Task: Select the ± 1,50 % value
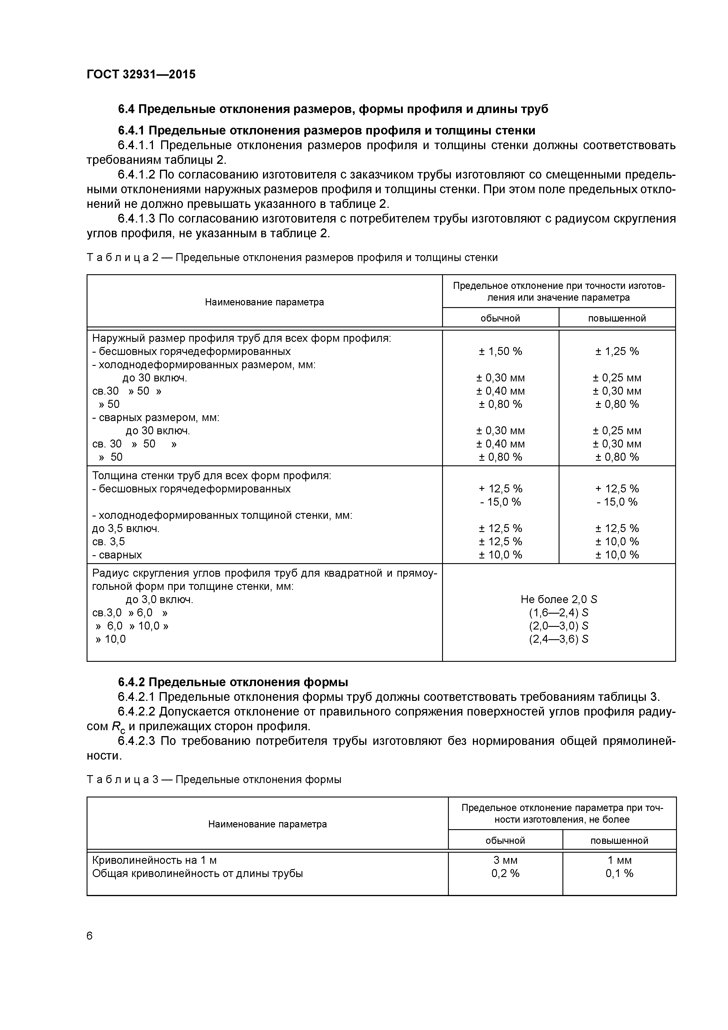(x=500, y=351)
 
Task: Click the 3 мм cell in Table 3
(x=505, y=860)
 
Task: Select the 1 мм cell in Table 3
(x=619, y=860)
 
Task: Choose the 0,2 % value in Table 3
(x=505, y=874)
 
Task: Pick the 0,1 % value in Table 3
(x=619, y=874)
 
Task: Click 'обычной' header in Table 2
(x=500, y=319)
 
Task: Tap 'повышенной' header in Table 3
(x=619, y=840)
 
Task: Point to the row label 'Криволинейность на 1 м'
(x=154, y=860)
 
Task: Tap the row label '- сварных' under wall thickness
(x=117, y=555)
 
